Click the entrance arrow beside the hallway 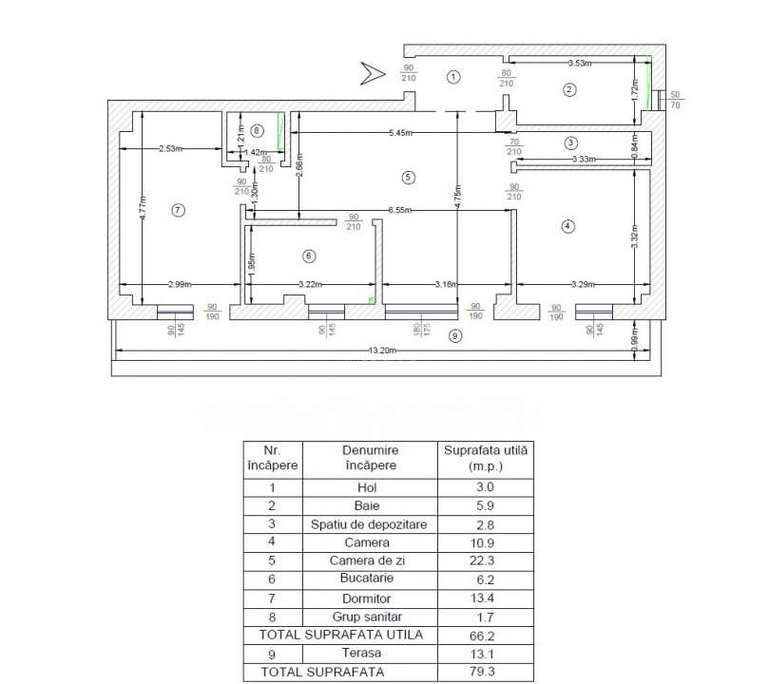tap(370, 71)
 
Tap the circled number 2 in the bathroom tap(569, 90)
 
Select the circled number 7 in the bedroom tap(177, 210)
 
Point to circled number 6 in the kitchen tap(307, 256)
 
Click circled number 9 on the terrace tap(455, 335)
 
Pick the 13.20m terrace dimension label tap(383, 352)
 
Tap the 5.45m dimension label tap(400, 133)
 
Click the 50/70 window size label tap(676, 100)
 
